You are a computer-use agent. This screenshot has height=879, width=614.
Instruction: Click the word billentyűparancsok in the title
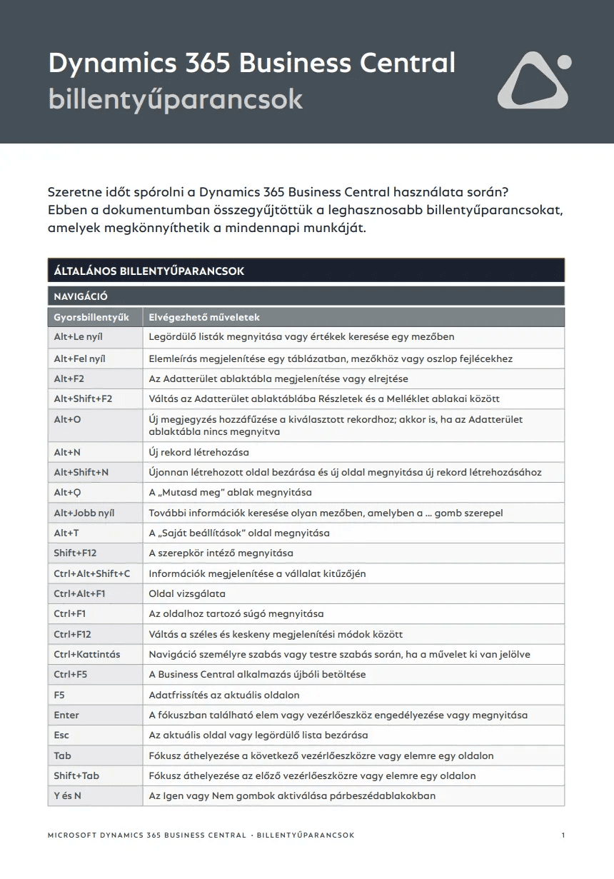pyautogui.click(x=176, y=99)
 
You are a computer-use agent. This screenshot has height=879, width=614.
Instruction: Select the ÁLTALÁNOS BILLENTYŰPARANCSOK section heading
pyautogui.click(x=149, y=271)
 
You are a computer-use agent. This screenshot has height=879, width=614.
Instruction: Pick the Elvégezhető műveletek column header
pyautogui.click(x=204, y=317)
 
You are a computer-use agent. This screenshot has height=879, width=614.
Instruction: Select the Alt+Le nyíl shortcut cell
pyautogui.click(x=79, y=336)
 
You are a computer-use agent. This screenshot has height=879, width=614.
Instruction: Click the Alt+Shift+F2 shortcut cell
pyautogui.click(x=83, y=398)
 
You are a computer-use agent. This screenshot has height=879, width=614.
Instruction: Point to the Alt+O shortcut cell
pyautogui.click(x=68, y=419)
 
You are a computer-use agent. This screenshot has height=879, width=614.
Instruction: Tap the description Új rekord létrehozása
pyautogui.click(x=198, y=452)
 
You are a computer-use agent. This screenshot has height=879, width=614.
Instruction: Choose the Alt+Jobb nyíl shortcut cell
pyautogui.click(x=84, y=513)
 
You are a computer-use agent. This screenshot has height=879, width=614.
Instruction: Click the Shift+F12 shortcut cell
pyautogui.click(x=75, y=553)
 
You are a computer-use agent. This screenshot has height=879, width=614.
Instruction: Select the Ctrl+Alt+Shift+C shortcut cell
pyautogui.click(x=92, y=573)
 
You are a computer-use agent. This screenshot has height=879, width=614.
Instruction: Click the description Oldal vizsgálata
pyautogui.click(x=187, y=593)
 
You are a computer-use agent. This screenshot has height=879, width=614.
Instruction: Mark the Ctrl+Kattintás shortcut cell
pyautogui.click(x=87, y=654)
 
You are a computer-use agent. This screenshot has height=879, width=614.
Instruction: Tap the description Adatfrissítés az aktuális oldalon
pyautogui.click(x=224, y=695)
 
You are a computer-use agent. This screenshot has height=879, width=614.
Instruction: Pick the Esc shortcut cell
pyautogui.click(x=61, y=735)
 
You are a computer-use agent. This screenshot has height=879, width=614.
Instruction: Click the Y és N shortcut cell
pyautogui.click(x=68, y=795)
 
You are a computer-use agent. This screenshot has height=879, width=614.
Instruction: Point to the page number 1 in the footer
pyautogui.click(x=563, y=835)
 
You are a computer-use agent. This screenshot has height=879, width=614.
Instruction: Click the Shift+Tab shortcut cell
pyautogui.click(x=76, y=775)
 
